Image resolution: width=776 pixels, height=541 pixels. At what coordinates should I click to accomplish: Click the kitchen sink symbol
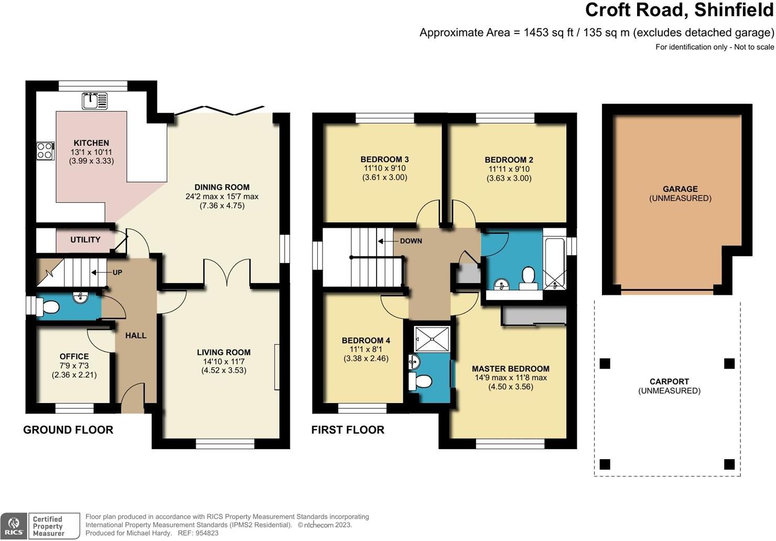pyautogui.click(x=94, y=101)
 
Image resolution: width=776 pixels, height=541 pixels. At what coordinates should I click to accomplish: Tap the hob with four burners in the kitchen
pyautogui.click(x=45, y=151)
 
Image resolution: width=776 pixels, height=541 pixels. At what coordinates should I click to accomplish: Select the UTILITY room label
pyautogui.click(x=85, y=240)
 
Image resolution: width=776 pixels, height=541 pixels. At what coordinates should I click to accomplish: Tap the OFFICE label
pyautogui.click(x=74, y=356)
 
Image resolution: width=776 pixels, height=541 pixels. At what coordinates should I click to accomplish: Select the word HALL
pyautogui.click(x=136, y=336)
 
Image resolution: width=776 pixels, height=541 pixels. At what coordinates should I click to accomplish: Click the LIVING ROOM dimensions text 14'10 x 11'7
pyautogui.click(x=223, y=362)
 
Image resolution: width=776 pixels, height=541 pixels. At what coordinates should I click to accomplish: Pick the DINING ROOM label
pyautogui.click(x=222, y=187)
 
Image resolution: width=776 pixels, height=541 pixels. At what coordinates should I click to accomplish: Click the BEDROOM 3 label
pyautogui.click(x=384, y=159)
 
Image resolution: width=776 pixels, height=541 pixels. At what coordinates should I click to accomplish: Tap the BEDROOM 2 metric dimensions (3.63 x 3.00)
pyautogui.click(x=509, y=178)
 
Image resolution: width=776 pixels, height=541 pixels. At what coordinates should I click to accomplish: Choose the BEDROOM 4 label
pyautogui.click(x=365, y=341)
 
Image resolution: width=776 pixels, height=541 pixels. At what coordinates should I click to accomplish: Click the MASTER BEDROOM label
pyautogui.click(x=510, y=369)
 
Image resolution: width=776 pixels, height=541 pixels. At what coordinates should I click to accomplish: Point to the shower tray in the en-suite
pyautogui.click(x=432, y=339)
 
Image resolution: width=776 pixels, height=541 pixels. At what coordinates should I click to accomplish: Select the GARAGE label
pyautogui.click(x=680, y=189)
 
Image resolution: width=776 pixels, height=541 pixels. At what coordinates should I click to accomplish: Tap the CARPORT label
pyautogui.click(x=669, y=382)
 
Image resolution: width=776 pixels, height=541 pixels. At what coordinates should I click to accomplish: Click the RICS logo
pyautogui.click(x=14, y=526)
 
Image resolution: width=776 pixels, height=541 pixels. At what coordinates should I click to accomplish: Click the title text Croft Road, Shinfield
pyautogui.click(x=679, y=10)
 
